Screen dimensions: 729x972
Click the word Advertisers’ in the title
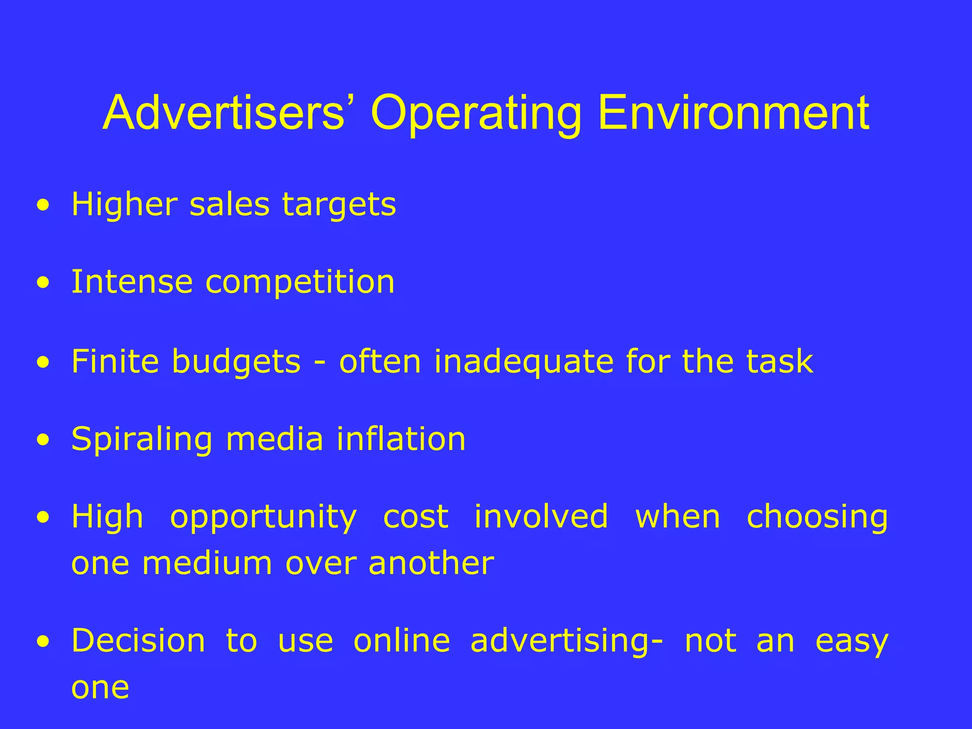click(224, 113)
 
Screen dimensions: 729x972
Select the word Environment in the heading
click(734, 113)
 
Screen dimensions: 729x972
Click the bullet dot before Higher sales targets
click(44, 206)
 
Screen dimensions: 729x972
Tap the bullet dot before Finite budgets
click(44, 363)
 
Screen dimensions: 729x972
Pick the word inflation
click(401, 439)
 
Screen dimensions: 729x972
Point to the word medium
click(207, 563)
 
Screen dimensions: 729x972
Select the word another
click(431, 563)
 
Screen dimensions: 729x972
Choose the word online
click(402, 641)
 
